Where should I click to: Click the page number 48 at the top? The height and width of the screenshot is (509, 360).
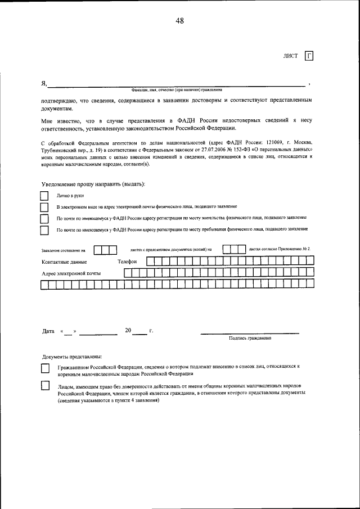coord(179,21)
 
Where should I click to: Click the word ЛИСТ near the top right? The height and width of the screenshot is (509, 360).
coord(291,56)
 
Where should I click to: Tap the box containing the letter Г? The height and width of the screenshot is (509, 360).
coord(309,56)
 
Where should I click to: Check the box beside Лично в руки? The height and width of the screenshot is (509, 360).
coord(44,196)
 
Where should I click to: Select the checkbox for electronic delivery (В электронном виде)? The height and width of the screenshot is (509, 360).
coord(44,206)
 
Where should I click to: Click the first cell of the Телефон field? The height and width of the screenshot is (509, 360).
coord(149,261)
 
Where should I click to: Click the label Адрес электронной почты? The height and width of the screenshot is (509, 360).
coord(71,273)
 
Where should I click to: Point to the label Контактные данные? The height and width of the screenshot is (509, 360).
coord(64,262)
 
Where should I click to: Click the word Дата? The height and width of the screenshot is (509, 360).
coord(48,331)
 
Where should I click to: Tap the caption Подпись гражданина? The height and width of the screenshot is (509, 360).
coord(250,339)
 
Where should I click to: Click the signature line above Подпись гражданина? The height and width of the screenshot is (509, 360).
coord(250,334)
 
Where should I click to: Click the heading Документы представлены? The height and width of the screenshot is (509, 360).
coord(72,357)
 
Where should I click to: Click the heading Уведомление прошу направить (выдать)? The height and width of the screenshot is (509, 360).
coord(93,184)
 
